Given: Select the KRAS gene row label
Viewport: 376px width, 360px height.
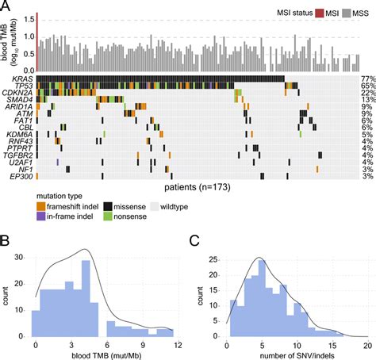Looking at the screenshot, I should (x=21, y=79).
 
